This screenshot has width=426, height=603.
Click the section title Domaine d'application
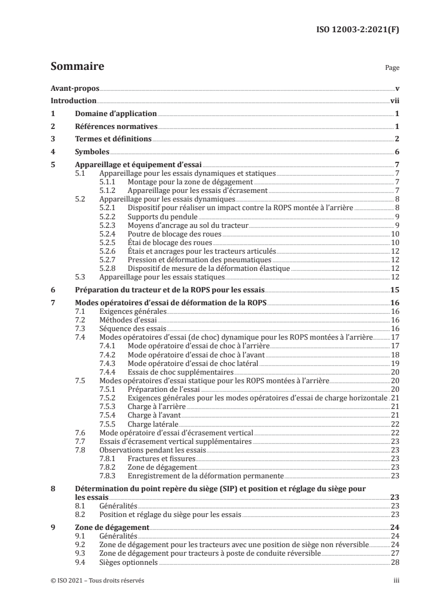click(115, 113)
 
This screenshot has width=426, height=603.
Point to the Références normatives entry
click(116, 126)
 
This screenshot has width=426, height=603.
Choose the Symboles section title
click(92, 152)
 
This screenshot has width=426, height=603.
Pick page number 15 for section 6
click(393, 290)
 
